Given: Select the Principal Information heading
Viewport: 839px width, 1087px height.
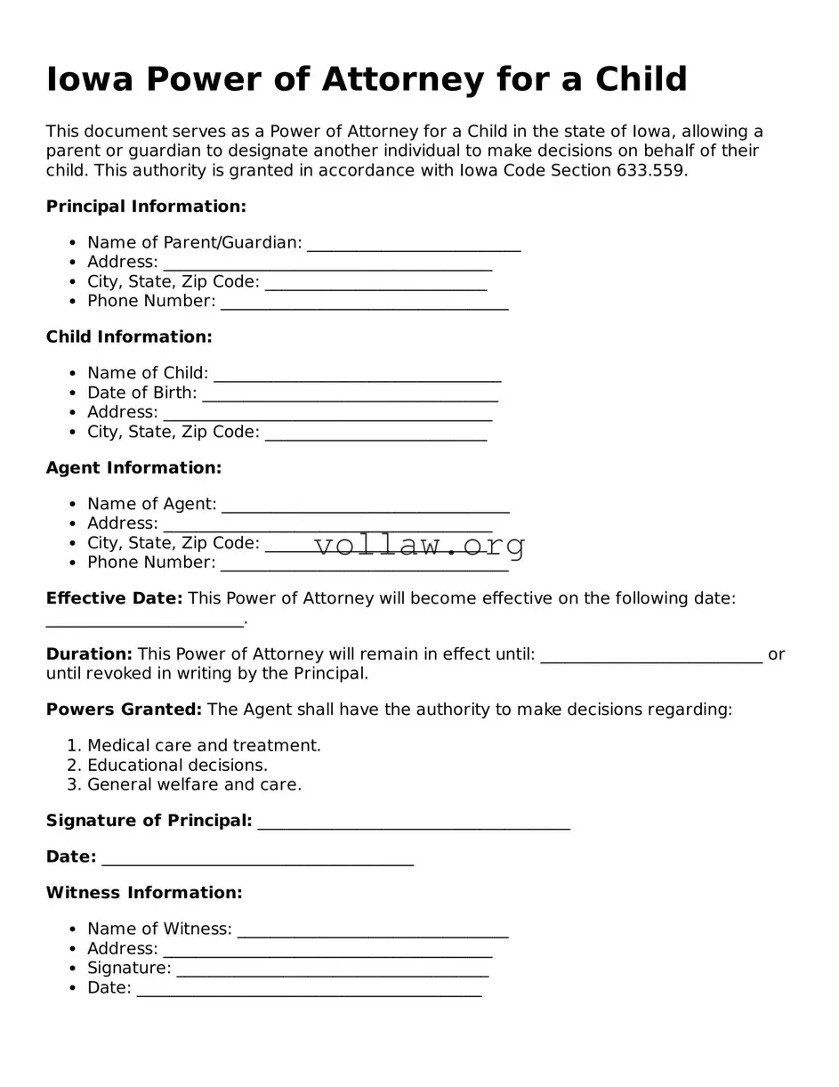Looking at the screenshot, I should pyautogui.click(x=146, y=207).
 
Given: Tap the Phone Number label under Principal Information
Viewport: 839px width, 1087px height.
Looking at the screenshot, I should pyautogui.click(x=151, y=301).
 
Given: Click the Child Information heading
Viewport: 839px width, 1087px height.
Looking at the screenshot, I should pyautogui.click(x=129, y=337).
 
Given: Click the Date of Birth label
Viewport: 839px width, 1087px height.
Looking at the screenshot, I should pyautogui.click(x=141, y=393).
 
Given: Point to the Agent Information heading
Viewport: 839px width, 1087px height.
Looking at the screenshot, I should pyautogui.click(x=133, y=467).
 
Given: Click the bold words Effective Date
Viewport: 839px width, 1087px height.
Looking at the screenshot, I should pyautogui.click(x=114, y=598).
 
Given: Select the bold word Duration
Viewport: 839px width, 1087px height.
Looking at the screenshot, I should pyautogui.click(x=89, y=654).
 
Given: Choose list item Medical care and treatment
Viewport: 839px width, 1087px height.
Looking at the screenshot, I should pyautogui.click(x=204, y=745).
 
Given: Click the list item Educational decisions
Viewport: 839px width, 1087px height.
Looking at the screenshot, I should pyautogui.click(x=177, y=765).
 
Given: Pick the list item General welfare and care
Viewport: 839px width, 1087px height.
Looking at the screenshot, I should pyautogui.click(x=194, y=784).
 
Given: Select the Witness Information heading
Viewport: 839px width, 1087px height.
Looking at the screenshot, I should pyautogui.click(x=144, y=892).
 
